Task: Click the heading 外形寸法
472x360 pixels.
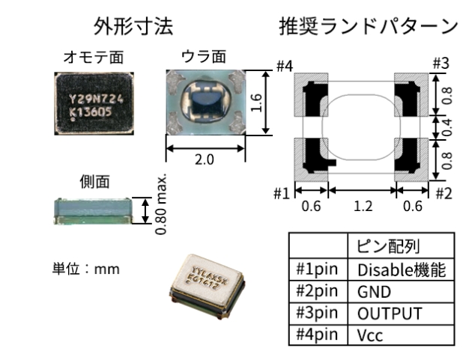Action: [133, 28]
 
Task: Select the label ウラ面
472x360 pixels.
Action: [204, 58]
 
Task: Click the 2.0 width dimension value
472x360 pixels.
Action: [205, 160]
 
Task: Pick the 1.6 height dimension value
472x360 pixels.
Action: [256, 103]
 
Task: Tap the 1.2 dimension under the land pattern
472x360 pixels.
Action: [363, 206]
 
